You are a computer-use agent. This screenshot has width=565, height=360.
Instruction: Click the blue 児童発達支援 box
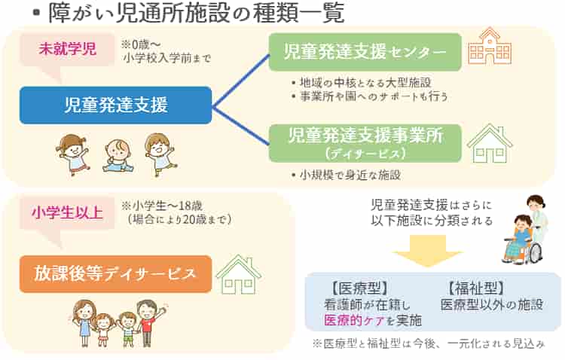(115, 105)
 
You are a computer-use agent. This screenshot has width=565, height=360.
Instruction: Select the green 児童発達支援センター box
(365, 52)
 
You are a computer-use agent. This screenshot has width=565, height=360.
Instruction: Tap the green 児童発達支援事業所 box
(365, 142)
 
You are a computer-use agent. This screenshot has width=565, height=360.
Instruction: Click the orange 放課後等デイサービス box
(115, 273)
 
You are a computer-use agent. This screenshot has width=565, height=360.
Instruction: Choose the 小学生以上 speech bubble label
(67, 212)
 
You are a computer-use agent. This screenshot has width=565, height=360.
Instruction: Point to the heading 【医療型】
(358, 288)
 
